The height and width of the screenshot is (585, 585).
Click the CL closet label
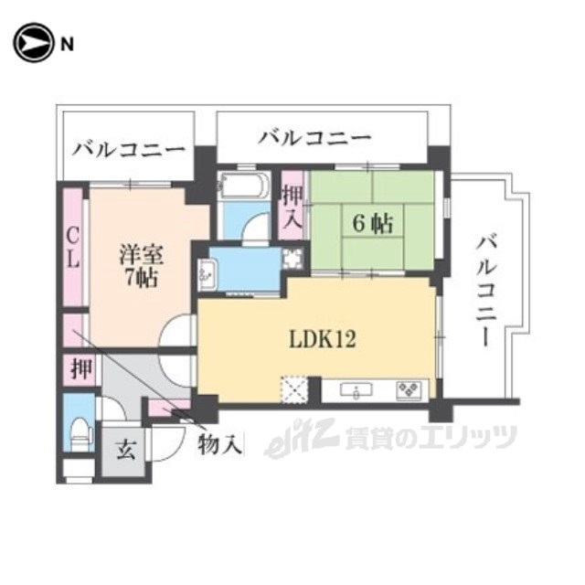point(72,247)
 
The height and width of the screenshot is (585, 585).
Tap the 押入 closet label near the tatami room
point(292,207)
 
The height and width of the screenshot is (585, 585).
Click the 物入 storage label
point(220,446)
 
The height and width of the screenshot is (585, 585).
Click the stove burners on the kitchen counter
point(409,390)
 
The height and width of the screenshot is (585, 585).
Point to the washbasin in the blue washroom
point(207,271)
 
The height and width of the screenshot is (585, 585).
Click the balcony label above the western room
point(130,148)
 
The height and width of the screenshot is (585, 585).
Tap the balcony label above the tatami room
point(314,138)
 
